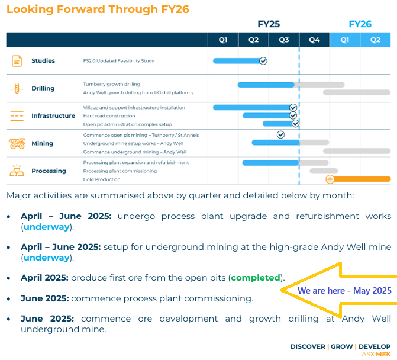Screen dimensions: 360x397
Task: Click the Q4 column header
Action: click(314, 40)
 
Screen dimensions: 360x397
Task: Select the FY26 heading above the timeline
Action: click(360, 24)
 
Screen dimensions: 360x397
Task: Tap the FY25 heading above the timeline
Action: click(269, 24)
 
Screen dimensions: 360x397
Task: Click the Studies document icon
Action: click(17, 61)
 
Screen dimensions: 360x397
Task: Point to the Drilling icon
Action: click(17, 89)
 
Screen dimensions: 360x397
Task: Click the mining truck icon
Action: click(17, 143)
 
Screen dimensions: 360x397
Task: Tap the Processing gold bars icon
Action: click(17, 171)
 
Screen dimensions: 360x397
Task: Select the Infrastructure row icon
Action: click(17, 116)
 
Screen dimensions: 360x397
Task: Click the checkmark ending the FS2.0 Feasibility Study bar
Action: click(263, 61)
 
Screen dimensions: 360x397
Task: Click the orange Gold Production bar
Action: click(362, 179)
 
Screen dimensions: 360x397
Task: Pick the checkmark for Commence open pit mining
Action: click(281, 135)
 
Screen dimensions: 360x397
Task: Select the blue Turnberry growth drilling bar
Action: click(266, 85)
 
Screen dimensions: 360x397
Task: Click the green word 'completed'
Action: click(256, 278)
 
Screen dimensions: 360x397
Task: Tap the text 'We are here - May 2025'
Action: click(344, 291)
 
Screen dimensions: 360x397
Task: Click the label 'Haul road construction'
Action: click(109, 116)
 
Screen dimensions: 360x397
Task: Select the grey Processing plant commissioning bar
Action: click(324, 171)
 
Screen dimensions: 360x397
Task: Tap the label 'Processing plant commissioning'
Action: click(120, 171)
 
